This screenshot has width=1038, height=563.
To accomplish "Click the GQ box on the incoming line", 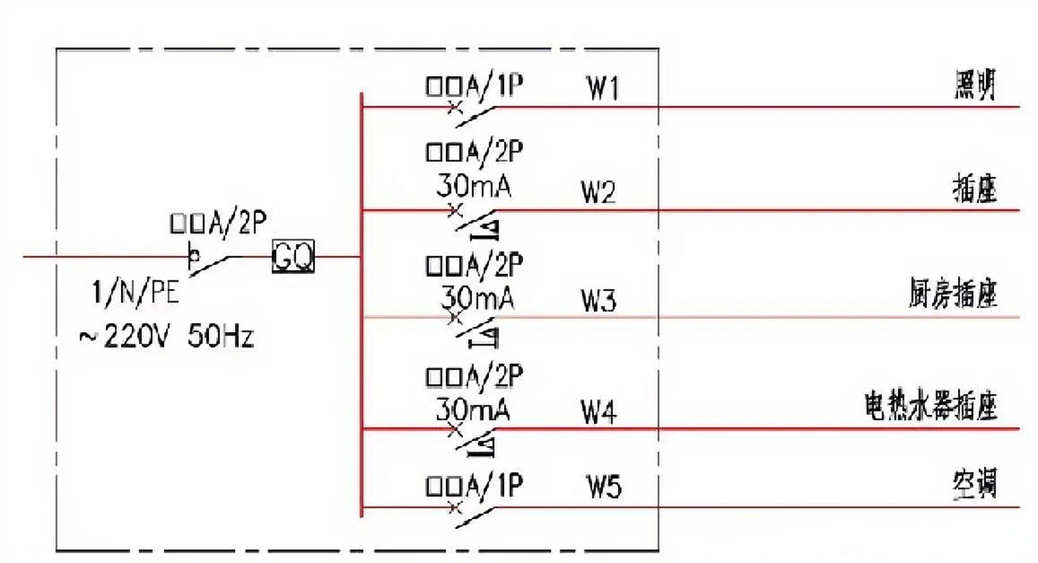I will pyautogui.click(x=293, y=256).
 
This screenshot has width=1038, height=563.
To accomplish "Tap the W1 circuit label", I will pyautogui.click(x=603, y=88).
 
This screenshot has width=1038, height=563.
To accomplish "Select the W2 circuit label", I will pyautogui.click(x=598, y=192).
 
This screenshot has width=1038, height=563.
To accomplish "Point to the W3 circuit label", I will pyautogui.click(x=599, y=300).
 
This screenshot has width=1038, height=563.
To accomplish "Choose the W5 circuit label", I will pyautogui.click(x=604, y=487).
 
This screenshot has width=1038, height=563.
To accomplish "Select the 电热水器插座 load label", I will pyautogui.click(x=930, y=406).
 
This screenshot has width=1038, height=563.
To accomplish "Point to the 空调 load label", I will pyautogui.click(x=975, y=484).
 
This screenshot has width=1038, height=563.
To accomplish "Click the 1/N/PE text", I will pyautogui.click(x=135, y=292).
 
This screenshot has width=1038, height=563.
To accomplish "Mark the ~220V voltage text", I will pyautogui.click(x=123, y=336).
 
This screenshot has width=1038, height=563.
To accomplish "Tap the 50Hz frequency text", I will pyautogui.click(x=220, y=336).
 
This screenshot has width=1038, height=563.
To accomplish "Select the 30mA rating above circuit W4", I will pyautogui.click(x=473, y=410).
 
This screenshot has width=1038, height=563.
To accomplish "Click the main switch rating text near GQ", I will pyautogui.click(x=218, y=223).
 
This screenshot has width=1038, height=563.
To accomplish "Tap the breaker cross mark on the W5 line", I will pyautogui.click(x=455, y=508).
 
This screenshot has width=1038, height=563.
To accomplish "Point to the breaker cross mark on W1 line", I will pyautogui.click(x=455, y=107).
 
